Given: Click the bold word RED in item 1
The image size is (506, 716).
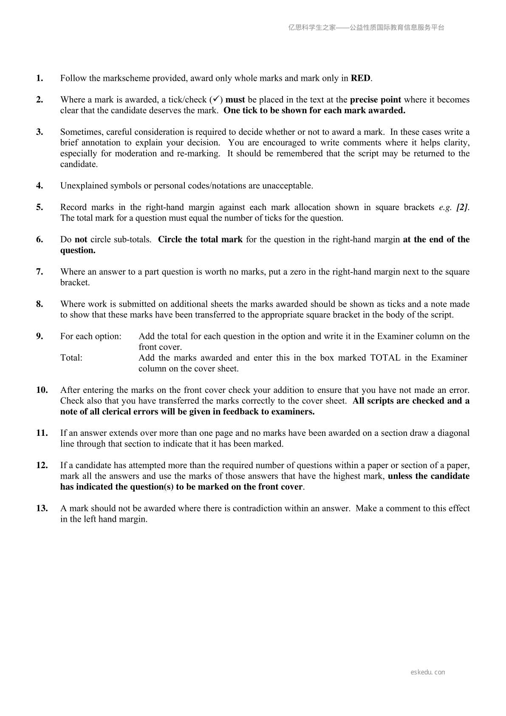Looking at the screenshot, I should coord(361,78).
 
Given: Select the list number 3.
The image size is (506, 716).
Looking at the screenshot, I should coord(40,132).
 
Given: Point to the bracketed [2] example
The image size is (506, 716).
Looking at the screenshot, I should coord(462,207).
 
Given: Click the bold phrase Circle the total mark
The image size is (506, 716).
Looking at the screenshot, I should coord(200,239).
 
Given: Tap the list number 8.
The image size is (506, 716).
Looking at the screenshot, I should coord(40,304).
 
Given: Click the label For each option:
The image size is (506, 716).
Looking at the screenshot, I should coord(91,336).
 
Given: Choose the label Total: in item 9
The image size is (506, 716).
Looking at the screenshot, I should coord(71,358).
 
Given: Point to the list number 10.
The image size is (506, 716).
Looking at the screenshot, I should coord(42,390).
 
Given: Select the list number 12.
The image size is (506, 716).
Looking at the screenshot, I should coord(42,465).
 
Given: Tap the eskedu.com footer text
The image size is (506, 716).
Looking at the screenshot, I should coord(428,672).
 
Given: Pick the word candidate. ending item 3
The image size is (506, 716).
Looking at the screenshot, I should coord(79,164).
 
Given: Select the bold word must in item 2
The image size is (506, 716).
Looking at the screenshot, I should coord(235,99).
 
